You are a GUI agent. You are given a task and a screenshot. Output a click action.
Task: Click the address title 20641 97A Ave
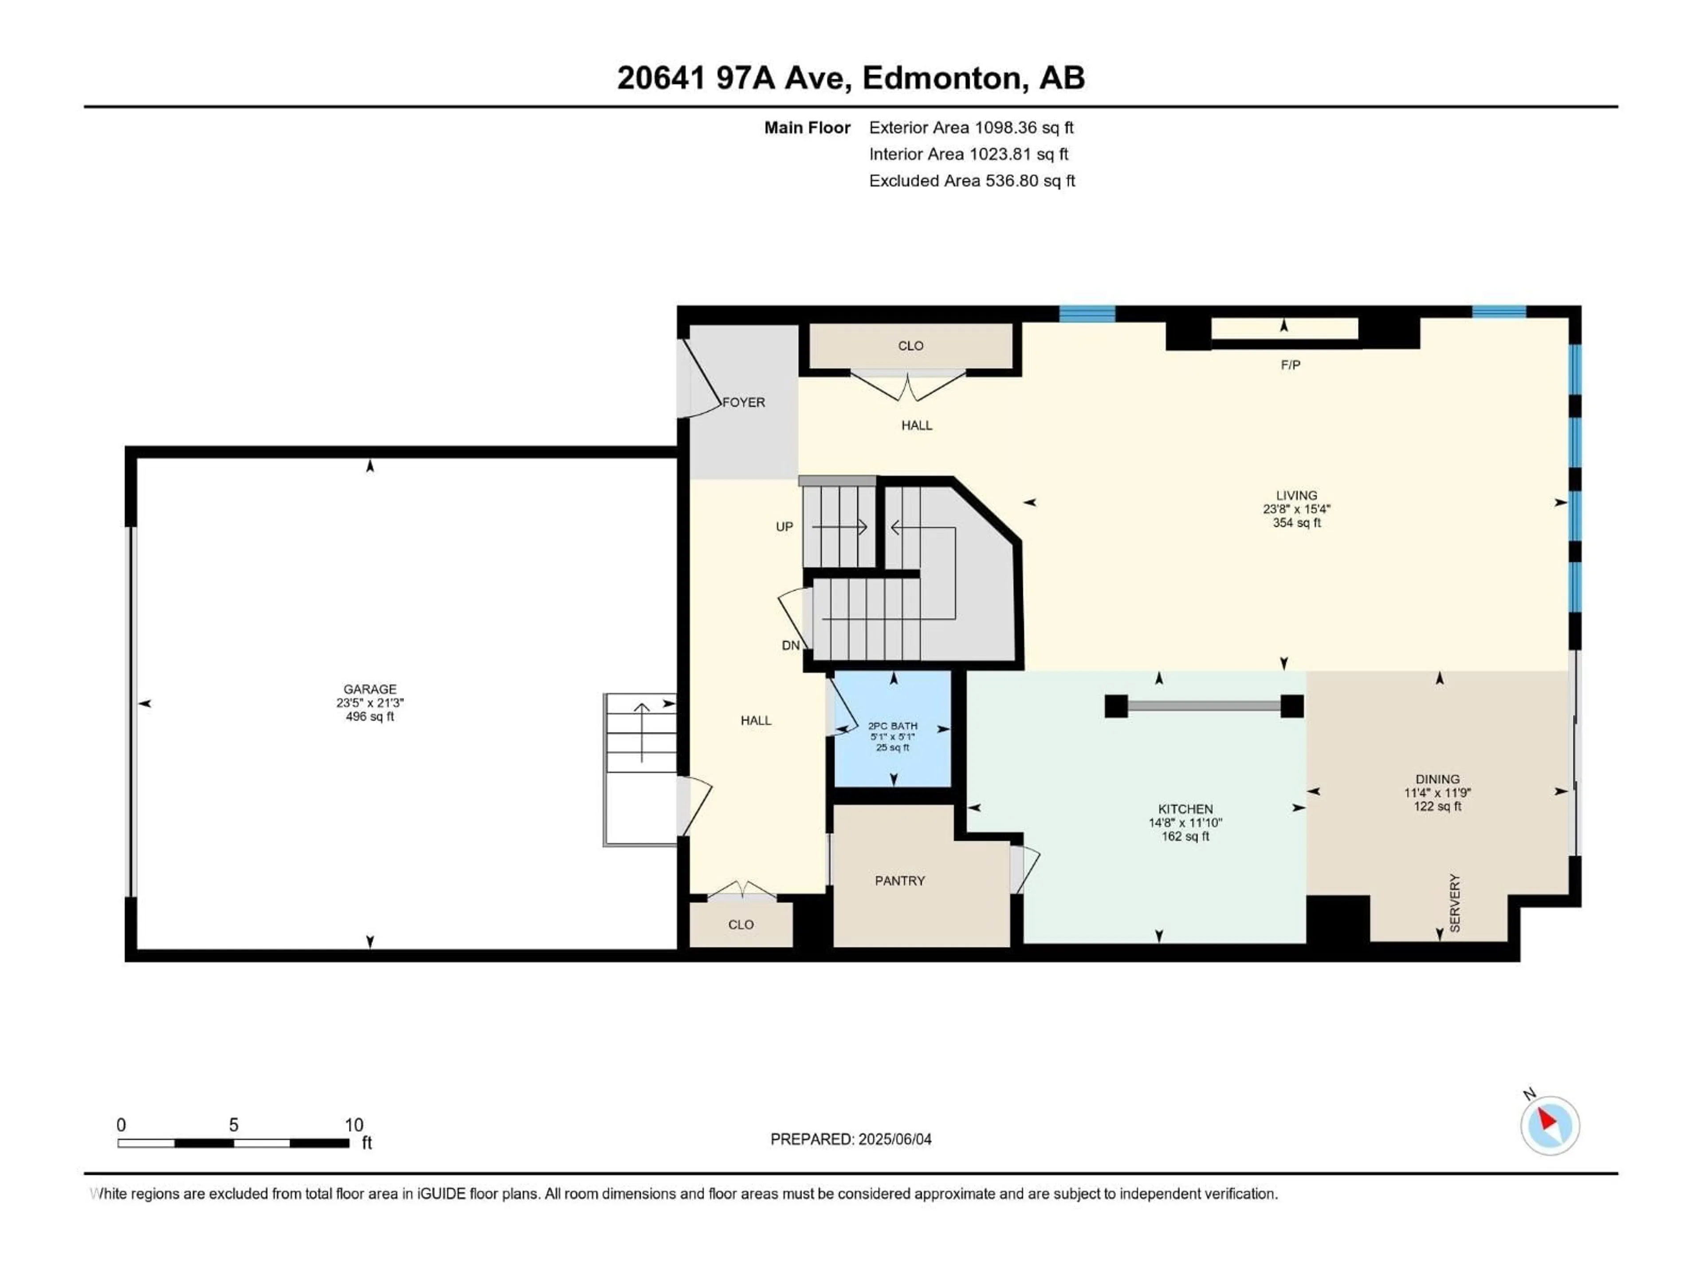pos(850,78)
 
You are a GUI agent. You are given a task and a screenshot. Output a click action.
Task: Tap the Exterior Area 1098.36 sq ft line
pos(971,128)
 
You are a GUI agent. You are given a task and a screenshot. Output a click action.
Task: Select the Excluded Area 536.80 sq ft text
pos(972,181)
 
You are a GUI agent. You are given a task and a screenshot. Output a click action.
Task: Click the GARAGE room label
pos(369,689)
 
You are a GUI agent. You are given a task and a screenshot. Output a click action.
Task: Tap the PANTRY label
pos(899,881)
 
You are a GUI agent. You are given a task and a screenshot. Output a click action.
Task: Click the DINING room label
pos(1436,779)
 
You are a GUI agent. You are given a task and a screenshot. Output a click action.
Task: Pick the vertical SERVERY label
pos(1454,903)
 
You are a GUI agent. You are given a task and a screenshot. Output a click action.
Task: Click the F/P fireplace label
pos(1291,365)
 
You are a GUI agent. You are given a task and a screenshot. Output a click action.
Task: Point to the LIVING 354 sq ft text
pos(1296,523)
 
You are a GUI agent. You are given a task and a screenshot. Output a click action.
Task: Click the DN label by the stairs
pos(790,646)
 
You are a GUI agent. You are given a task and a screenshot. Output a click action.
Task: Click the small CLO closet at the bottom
pos(741,924)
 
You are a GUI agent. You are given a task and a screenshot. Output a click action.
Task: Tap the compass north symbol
pos(1550,1125)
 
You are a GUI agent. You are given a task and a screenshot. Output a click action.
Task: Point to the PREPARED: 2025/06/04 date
pos(851,1139)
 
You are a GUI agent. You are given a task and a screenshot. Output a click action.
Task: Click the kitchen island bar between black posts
pos(1204,706)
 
